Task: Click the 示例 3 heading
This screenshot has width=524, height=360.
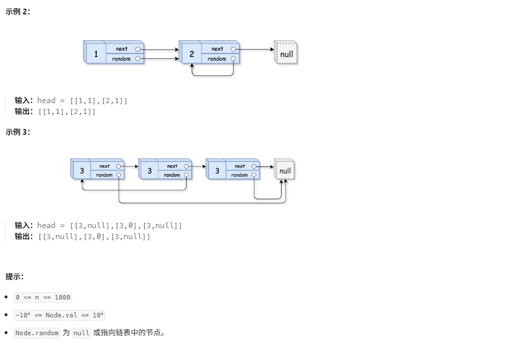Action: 18,132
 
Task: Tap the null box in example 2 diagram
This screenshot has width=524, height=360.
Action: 286,54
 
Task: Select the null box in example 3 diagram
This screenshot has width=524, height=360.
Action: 284,170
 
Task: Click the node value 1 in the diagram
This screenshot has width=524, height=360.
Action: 96,54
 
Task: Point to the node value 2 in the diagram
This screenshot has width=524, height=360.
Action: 192,54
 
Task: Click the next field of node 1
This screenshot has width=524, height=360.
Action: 122,49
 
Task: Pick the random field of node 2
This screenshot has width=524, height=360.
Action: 218,59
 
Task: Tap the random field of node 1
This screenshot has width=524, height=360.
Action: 122,59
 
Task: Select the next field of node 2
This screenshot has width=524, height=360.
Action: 218,49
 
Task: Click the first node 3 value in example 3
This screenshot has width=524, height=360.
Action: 82,170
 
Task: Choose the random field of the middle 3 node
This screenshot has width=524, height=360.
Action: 172,175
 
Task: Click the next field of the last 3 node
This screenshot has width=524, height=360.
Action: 240,166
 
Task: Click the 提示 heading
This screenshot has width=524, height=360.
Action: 14,276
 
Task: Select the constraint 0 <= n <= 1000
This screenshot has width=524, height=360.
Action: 43,297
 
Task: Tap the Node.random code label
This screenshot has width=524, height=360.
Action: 37,333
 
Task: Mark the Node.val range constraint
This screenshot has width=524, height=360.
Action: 60,315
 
